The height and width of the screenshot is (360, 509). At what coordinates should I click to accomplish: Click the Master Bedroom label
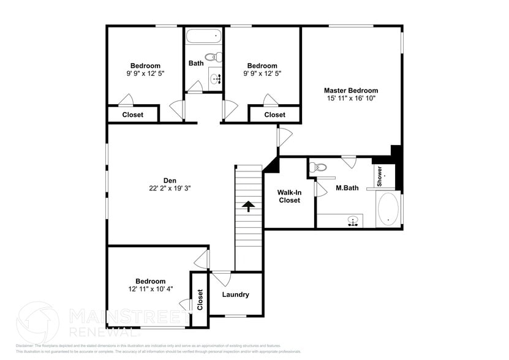[x=351, y=91]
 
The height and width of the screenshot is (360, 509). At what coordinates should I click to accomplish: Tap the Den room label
[x=170, y=180]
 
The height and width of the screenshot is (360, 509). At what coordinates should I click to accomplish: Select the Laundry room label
[x=235, y=294]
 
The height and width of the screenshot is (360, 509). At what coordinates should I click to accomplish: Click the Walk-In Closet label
[x=289, y=196]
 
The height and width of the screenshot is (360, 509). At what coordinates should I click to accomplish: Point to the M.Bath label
[x=347, y=187]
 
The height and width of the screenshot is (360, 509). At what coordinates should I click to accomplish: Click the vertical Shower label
[x=379, y=176]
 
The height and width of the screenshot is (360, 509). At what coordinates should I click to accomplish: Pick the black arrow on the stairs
[x=249, y=206]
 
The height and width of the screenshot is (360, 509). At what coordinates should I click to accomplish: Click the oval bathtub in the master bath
[x=388, y=210]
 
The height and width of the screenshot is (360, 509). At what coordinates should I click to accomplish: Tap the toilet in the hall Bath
[x=211, y=58]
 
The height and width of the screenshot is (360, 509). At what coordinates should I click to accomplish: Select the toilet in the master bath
[x=319, y=167]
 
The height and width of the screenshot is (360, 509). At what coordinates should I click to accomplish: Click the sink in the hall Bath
[x=216, y=78]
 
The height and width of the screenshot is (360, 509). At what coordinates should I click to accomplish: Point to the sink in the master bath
[x=352, y=220]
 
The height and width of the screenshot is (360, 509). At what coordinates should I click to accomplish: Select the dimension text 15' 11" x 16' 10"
[x=351, y=98]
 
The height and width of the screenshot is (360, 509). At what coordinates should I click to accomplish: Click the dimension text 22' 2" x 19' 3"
[x=170, y=189]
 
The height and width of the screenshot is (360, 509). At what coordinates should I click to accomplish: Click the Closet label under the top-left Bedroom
[x=133, y=114]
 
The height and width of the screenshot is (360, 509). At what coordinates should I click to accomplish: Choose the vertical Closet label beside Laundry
[x=200, y=299]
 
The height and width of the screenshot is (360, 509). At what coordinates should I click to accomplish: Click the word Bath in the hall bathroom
[x=196, y=63]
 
